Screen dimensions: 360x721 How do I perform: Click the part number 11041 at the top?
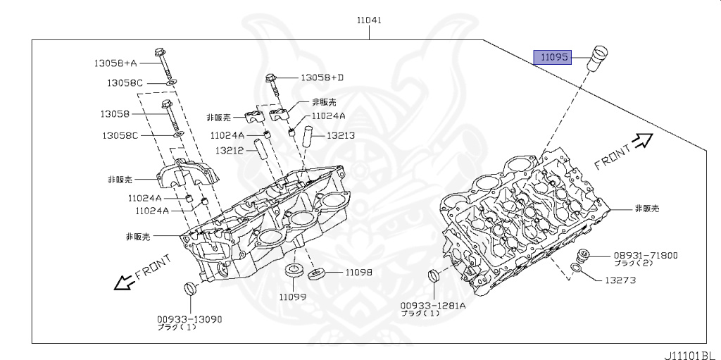pos(368,20)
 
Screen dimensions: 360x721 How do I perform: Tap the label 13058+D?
pos(322,77)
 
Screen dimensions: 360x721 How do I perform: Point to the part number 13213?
pos(340,135)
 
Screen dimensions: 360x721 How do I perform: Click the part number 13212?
pos(229,150)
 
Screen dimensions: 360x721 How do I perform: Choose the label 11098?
pos(358,272)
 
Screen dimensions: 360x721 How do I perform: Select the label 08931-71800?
pos(646,255)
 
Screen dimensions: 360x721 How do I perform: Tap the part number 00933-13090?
pos(189,319)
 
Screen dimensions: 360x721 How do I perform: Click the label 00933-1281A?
pos(433,306)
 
